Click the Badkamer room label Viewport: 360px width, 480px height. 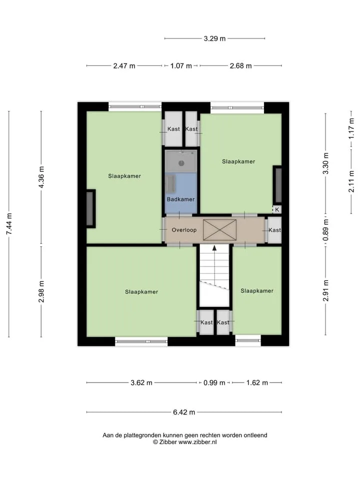coord(180,199)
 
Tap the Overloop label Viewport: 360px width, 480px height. coord(184,230)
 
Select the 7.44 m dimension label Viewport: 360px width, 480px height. coord(9,224)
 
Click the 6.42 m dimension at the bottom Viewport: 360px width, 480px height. coord(184,412)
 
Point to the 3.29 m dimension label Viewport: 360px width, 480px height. coord(214,38)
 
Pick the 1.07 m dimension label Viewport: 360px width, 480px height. coord(181,66)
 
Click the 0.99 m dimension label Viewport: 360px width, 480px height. coord(214,382)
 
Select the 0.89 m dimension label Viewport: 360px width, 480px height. coord(325,230)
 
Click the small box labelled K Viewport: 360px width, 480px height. coord(277,209)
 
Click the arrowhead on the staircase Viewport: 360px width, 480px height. coord(214,248)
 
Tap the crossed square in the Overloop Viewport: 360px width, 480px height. coord(220,229)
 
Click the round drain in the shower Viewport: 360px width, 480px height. coord(181,163)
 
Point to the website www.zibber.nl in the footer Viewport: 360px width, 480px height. coord(197,442)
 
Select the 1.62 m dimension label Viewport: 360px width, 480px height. coord(257,382)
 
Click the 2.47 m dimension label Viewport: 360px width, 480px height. coord(124,66)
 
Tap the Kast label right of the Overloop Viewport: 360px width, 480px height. coord(274,230)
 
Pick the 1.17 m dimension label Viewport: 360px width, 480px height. coord(351,128)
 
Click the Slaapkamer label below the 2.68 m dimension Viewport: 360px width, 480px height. coord(238,161)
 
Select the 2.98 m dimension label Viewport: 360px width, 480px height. coord(41,291)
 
